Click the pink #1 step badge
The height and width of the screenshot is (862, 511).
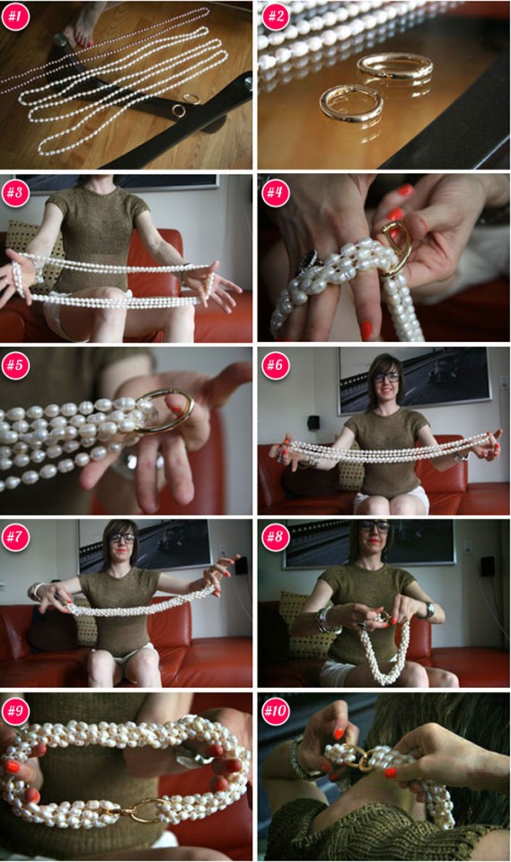click(x=15, y=15)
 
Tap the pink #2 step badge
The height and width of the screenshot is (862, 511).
click(x=276, y=15)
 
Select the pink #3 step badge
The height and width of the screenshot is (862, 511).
click(x=15, y=192)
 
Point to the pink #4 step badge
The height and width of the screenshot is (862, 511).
click(x=276, y=192)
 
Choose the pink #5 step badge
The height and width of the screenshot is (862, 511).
click(x=15, y=365)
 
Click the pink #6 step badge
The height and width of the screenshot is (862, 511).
click(x=276, y=365)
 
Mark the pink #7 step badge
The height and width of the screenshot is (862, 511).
click(x=15, y=537)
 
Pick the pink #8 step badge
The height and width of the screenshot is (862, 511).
click(x=276, y=537)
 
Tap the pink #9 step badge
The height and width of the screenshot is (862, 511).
click(x=15, y=710)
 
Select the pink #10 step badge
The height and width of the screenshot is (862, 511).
click(x=276, y=710)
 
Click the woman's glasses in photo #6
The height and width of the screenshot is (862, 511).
click(x=387, y=377)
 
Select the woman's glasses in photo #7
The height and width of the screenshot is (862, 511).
click(x=121, y=538)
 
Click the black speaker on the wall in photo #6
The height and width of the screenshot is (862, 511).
click(x=313, y=422)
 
